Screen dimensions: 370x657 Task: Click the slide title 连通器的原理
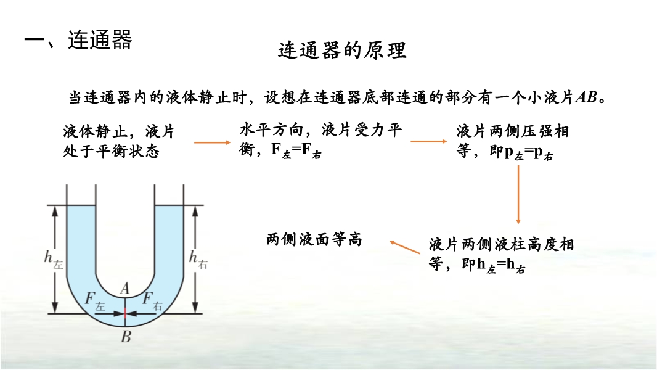[x=342, y=50]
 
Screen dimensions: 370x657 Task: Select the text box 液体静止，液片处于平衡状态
[x=118, y=141]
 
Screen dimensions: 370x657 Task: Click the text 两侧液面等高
[x=314, y=239]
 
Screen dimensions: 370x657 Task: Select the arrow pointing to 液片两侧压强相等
[x=428, y=141]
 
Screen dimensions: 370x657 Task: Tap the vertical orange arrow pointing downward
[x=518, y=194]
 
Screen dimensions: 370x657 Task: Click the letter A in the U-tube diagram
[x=124, y=287]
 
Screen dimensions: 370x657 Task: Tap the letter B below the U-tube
[x=125, y=336]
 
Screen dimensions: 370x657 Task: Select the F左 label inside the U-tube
[x=95, y=300]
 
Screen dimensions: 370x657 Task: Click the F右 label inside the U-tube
[x=152, y=300]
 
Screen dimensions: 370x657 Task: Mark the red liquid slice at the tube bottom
[x=125, y=313]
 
